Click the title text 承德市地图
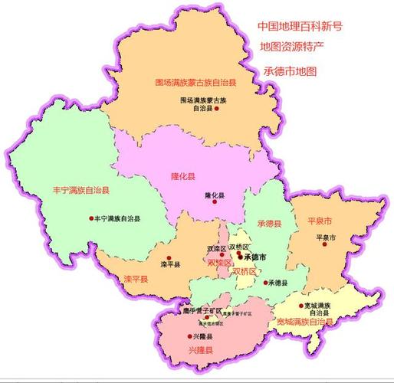[x=290, y=70]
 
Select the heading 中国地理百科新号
[x=300, y=25]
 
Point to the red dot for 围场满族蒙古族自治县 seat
[x=217, y=110]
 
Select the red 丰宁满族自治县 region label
[x=80, y=189]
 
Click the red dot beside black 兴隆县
[x=189, y=336]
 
